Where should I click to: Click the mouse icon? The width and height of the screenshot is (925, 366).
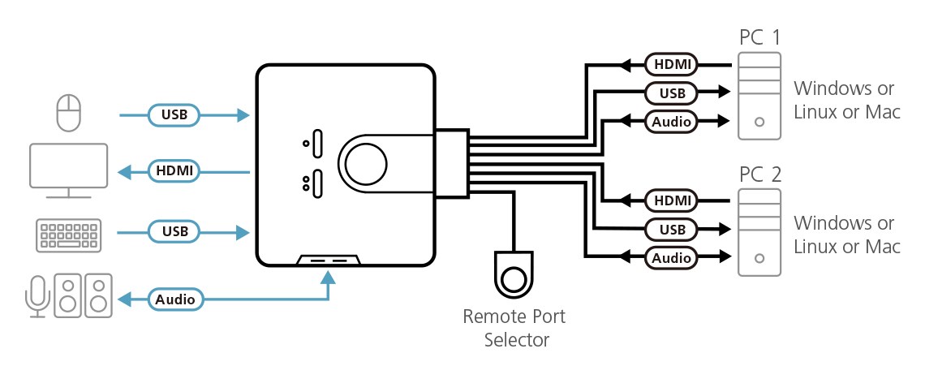[69, 113]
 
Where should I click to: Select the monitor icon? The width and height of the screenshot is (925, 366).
[68, 170]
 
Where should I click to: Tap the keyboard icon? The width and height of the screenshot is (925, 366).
[68, 233]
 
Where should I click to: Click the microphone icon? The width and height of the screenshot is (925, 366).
[36, 294]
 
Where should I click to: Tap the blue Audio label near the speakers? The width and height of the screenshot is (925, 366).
[175, 299]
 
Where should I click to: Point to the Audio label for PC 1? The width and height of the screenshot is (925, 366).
[671, 123]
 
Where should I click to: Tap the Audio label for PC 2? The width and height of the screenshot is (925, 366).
[671, 258]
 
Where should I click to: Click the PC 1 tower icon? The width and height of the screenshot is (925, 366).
[759, 97]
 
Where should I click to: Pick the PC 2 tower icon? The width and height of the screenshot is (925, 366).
[759, 233]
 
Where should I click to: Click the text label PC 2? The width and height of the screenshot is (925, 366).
[759, 174]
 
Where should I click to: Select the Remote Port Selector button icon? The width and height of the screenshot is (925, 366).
[513, 276]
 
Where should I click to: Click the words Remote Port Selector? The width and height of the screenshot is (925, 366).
[514, 328]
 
